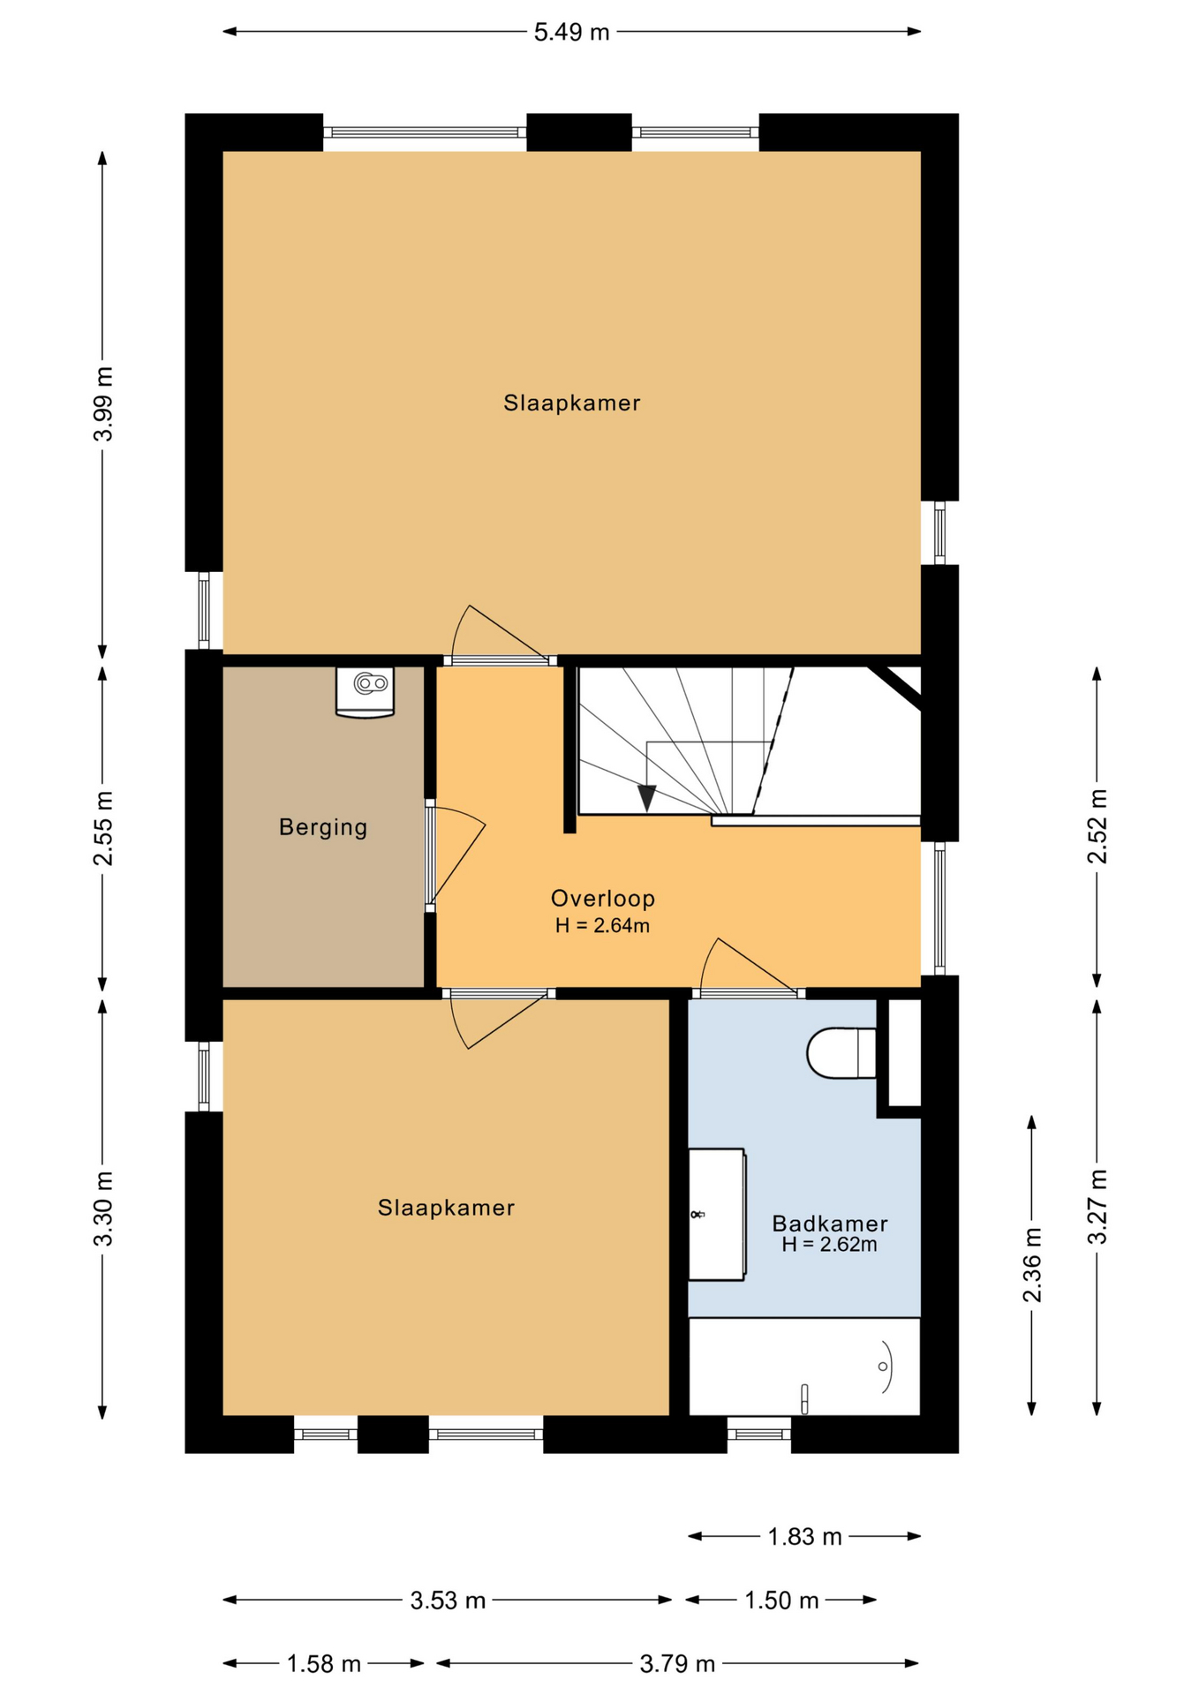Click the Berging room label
coord(322,828)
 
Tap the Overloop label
coord(603,899)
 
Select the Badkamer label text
coord(830,1224)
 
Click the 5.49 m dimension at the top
coord(571,33)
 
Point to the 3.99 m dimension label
coord(103,403)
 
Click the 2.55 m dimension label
coord(103,829)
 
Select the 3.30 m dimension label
coord(103,1209)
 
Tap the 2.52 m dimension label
coord(1097,826)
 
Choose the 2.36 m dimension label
coord(1032,1264)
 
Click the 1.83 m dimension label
coord(804,1537)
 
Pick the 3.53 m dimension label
coord(448,1601)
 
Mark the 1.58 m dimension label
coord(324,1664)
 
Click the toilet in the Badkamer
coord(841,1053)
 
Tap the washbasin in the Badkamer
coord(717,1214)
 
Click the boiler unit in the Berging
coord(365,692)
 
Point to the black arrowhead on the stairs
coord(647,798)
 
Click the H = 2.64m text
coord(603,926)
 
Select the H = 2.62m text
coord(830,1245)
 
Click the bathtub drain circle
coord(883,1367)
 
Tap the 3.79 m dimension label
coord(677,1664)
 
